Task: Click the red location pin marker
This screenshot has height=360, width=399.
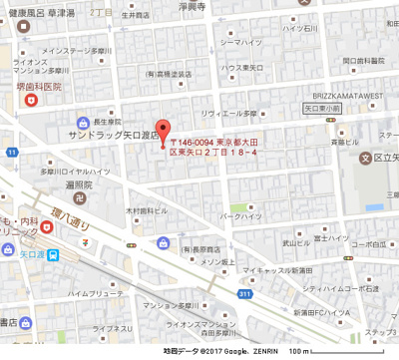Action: click(167, 133)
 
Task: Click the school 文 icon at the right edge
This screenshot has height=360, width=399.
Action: click(366, 157)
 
